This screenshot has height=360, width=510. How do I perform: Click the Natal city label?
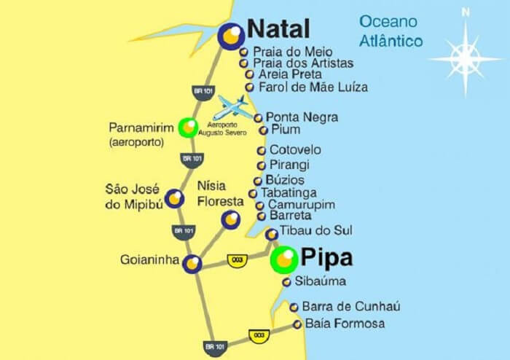(x=279, y=28)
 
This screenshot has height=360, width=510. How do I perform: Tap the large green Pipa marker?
(x=283, y=259)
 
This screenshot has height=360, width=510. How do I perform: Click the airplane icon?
(x=234, y=108)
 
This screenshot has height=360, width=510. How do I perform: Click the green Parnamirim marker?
(x=188, y=128)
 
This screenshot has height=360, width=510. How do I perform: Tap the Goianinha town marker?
(x=192, y=264)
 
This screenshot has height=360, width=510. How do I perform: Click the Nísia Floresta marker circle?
(x=231, y=219)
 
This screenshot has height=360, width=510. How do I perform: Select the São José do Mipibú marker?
(x=175, y=198)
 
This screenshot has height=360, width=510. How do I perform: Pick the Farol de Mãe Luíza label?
(x=313, y=87)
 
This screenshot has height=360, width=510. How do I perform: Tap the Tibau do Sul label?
(x=315, y=230)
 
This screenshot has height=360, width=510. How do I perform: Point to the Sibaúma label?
(x=320, y=281)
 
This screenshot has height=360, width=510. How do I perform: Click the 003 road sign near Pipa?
(x=235, y=260)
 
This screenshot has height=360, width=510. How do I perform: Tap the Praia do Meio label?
(x=292, y=52)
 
